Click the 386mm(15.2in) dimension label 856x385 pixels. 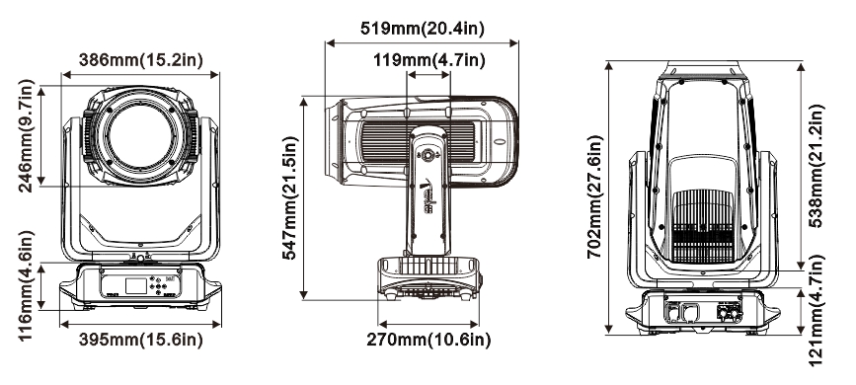pyautogui.click(x=141, y=60)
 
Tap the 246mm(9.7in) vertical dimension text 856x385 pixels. pyautogui.click(x=27, y=135)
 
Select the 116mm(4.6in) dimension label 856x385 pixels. pyautogui.click(x=27, y=284)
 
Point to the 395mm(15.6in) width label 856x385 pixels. pyautogui.click(x=141, y=340)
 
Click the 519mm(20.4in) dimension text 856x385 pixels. pyautogui.click(x=422, y=28)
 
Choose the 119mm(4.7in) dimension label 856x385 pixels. pyautogui.click(x=429, y=60)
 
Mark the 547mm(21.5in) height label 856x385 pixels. pyautogui.click(x=290, y=197)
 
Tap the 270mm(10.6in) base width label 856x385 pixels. pyautogui.click(x=428, y=340)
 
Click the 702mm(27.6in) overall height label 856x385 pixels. pyautogui.click(x=594, y=196)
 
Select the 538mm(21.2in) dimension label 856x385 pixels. pyautogui.click(x=816, y=166)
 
